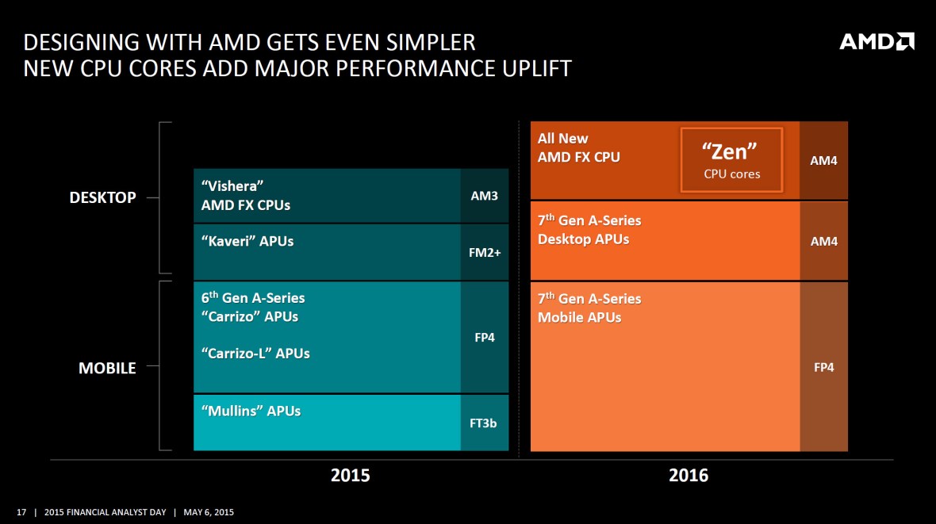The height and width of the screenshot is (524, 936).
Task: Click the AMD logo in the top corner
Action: [x=877, y=41]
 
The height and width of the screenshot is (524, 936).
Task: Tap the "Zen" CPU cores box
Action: [x=731, y=160]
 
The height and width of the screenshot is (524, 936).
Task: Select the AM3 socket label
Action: [x=484, y=195]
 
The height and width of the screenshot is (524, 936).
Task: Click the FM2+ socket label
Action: [x=484, y=252]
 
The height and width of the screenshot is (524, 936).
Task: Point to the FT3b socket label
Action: [x=484, y=423]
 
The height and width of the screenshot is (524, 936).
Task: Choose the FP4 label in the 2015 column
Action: [x=484, y=337]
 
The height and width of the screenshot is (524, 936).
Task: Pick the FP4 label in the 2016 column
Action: [x=823, y=367]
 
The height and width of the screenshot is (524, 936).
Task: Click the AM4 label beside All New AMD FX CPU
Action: [x=823, y=160]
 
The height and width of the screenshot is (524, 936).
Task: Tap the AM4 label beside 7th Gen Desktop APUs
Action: [x=823, y=241]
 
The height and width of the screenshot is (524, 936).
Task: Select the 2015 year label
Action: [x=350, y=476]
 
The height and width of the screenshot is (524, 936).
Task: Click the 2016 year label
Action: [x=689, y=476]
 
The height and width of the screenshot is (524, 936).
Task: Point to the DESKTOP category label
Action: [x=102, y=197]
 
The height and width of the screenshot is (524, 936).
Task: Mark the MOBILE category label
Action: [x=107, y=368]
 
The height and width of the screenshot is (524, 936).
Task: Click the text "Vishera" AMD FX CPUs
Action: [x=246, y=196]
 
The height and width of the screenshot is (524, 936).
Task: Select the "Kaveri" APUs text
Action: [x=247, y=241]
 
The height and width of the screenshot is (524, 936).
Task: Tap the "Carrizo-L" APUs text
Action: [x=255, y=353]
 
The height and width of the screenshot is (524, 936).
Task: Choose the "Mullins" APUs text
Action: [x=251, y=411]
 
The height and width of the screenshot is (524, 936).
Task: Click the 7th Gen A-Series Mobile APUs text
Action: [x=589, y=308]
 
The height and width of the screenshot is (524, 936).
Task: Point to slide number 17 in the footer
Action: [x=21, y=512]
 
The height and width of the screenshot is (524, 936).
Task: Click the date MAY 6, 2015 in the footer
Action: [x=209, y=512]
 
